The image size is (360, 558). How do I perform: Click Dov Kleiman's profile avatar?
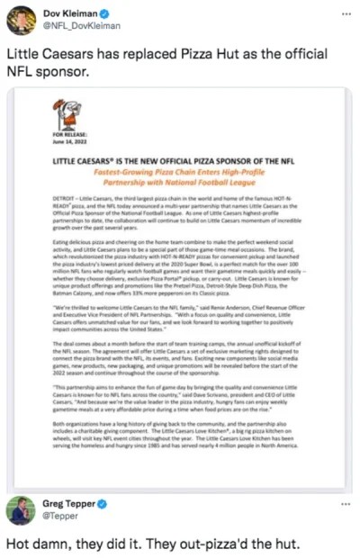point(21,20)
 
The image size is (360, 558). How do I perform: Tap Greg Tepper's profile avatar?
point(21,510)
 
